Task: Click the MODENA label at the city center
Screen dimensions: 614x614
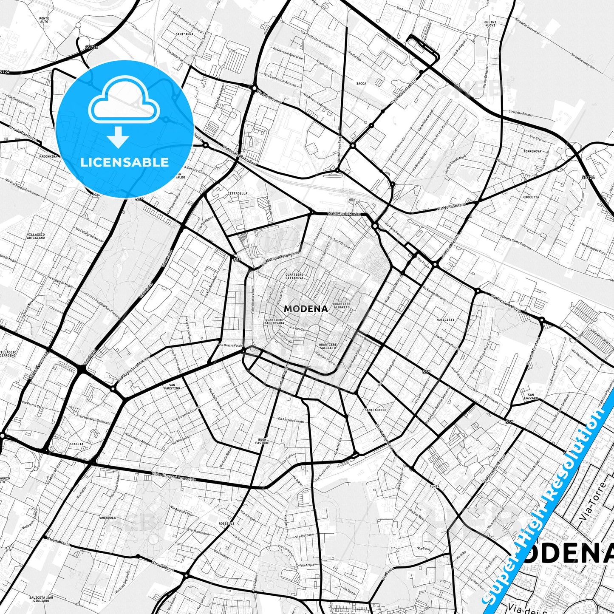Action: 306,309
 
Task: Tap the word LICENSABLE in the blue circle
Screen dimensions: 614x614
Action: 124,162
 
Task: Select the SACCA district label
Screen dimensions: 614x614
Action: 361,84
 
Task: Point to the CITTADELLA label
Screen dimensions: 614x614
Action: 238,193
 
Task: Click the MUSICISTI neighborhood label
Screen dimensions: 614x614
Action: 445,320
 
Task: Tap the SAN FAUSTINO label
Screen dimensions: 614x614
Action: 172,387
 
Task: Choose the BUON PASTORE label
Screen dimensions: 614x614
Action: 262,441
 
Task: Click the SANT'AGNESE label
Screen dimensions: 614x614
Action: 376,410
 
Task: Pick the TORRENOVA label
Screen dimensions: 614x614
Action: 532,151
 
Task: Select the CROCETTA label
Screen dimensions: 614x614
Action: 531,197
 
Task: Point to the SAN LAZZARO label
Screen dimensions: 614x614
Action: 531,396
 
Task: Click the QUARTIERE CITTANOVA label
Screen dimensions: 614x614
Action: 294,276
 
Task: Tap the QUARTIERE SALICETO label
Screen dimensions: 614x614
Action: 328,346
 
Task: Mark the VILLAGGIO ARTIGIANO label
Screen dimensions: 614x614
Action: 36,236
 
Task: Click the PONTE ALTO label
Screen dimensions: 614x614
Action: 44,20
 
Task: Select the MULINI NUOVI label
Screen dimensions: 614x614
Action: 490,23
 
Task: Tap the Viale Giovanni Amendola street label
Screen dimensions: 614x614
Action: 174,477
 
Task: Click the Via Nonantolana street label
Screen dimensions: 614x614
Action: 451,207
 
